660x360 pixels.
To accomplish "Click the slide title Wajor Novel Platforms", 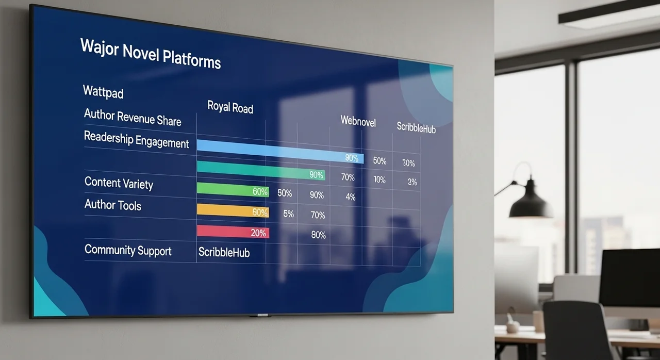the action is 150,54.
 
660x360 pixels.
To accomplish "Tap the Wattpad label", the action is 103,92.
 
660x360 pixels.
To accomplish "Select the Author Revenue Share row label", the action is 133,117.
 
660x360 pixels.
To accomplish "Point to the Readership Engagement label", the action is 136,140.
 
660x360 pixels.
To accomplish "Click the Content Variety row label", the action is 119,183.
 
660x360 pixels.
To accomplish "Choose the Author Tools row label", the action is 113,205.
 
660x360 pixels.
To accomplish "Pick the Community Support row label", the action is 128,250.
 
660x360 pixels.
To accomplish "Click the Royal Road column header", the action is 230,107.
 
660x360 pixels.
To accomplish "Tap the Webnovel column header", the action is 358,121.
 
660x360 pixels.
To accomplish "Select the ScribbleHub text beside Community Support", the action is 224,252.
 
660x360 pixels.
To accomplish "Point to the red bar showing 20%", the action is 233,232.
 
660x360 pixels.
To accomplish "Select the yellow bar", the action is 233,210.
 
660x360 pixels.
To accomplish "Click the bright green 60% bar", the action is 233,190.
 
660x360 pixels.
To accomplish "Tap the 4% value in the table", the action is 350,197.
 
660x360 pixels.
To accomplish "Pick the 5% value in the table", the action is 288,214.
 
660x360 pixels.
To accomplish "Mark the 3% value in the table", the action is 412,182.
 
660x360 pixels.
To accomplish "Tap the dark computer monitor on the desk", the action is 630,278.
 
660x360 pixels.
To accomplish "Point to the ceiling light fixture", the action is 609,15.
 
